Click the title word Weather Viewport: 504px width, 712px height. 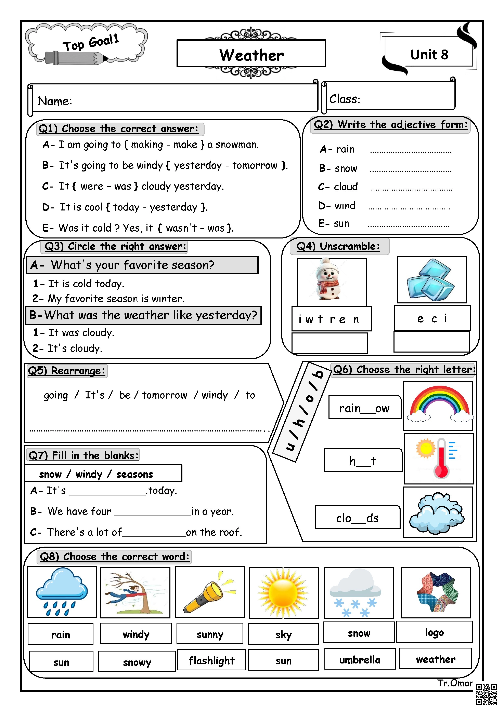click(251, 55)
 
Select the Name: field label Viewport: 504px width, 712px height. click(55, 101)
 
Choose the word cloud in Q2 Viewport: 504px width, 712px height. click(346, 187)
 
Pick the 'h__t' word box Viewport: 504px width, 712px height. click(363, 461)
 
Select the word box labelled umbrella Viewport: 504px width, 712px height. click(360, 660)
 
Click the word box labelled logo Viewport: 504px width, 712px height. click(434, 632)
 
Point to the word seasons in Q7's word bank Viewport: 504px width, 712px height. click(134, 474)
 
